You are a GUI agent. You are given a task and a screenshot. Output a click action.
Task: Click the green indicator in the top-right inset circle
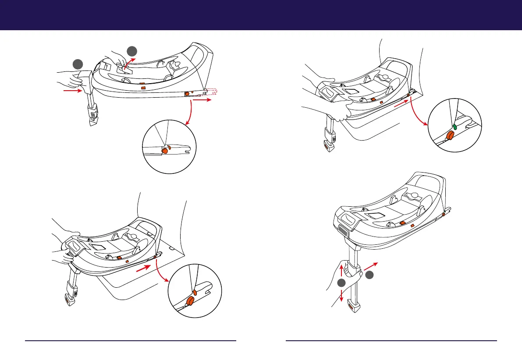click(455, 127)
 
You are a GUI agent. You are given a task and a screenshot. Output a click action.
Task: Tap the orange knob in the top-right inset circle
click(450, 136)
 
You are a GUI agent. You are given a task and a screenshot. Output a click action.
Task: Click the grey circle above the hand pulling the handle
click(133, 51)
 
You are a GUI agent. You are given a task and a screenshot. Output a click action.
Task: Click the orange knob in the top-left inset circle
click(165, 150)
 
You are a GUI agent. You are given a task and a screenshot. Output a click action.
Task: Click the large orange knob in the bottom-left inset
click(190, 301)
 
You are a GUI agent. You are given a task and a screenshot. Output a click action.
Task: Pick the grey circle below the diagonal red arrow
click(370, 275)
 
